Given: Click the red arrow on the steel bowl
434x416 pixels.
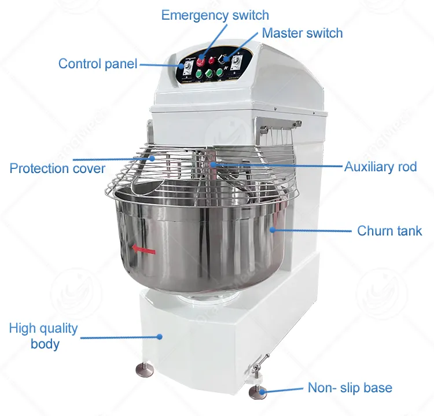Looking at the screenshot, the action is tap(144, 249).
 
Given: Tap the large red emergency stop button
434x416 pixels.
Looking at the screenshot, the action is tap(201, 61).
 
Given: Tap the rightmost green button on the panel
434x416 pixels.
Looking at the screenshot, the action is tap(219, 72).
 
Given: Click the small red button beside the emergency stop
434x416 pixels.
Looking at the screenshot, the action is tap(212, 60).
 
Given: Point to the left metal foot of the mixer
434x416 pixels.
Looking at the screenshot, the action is tap(145, 369).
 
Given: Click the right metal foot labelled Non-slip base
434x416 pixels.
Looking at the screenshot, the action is tap(258, 393).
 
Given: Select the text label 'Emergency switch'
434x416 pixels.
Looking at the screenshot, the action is tap(215, 15).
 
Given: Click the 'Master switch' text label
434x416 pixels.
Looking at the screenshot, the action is tap(302, 33).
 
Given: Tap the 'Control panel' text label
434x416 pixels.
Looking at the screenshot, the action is tap(98, 64).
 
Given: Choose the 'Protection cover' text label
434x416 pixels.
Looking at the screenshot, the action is tap(57, 168).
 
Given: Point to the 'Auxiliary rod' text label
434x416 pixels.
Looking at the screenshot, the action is tap(381, 167).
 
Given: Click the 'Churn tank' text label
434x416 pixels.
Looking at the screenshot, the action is tap(389, 230).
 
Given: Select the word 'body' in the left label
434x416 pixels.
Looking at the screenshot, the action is tap(45, 344).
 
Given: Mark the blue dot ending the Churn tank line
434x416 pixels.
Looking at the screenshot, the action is tap(273, 230).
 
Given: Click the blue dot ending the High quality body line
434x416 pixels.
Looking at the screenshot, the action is tap(160, 337).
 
